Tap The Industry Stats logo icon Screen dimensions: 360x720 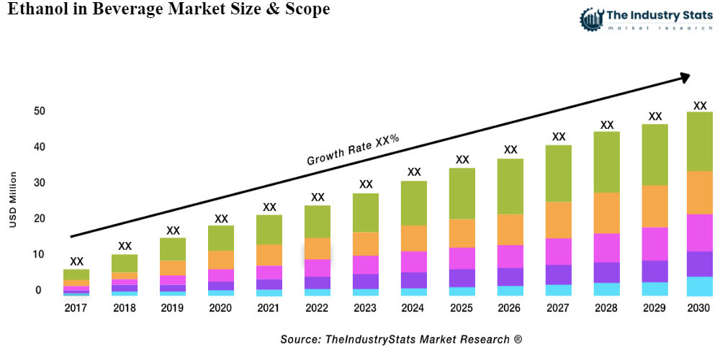point(592,18)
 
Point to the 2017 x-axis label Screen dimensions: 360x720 point(76,308)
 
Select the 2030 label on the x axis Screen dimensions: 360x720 point(699,308)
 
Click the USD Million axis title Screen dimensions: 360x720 point(13,200)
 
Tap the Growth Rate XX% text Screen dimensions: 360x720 point(353,150)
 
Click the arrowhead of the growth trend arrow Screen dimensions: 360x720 point(684,76)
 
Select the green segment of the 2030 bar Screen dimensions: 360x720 point(699,141)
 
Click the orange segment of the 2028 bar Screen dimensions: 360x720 point(607,213)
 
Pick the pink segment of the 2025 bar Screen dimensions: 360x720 point(462,258)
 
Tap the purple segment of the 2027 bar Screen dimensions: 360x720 point(559,274)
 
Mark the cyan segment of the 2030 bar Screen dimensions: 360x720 point(699,286)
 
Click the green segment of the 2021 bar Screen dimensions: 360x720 point(269,230)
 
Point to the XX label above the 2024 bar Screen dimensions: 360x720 point(414,172)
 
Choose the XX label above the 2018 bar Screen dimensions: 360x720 point(125,246)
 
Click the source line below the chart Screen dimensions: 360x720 point(401,338)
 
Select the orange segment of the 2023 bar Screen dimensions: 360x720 point(366,243)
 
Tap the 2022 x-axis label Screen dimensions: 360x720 point(318,308)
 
